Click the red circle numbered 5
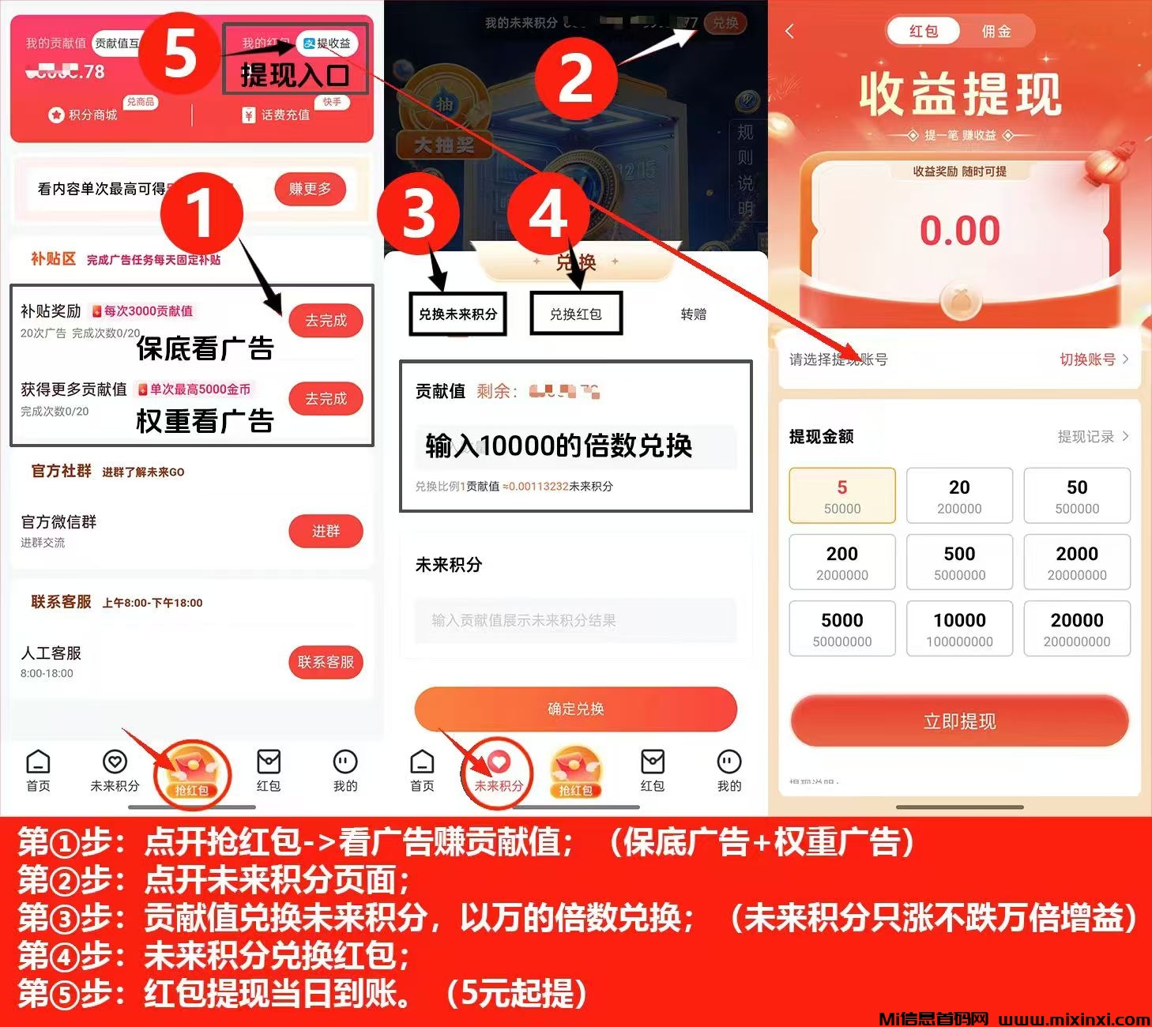tap(179, 54)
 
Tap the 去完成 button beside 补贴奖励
tap(326, 321)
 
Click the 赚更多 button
tap(310, 189)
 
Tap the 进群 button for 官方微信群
tap(326, 532)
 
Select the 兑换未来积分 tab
tap(457, 314)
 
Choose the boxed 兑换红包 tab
tap(576, 314)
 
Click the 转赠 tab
tap(693, 314)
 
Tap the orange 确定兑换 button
tap(575, 709)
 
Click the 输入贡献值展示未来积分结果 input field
tap(575, 620)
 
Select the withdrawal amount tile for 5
tap(842, 496)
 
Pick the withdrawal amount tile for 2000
tap(1077, 562)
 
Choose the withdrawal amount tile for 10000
tap(959, 629)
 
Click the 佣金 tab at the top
tap(996, 32)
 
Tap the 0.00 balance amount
tap(959, 231)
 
